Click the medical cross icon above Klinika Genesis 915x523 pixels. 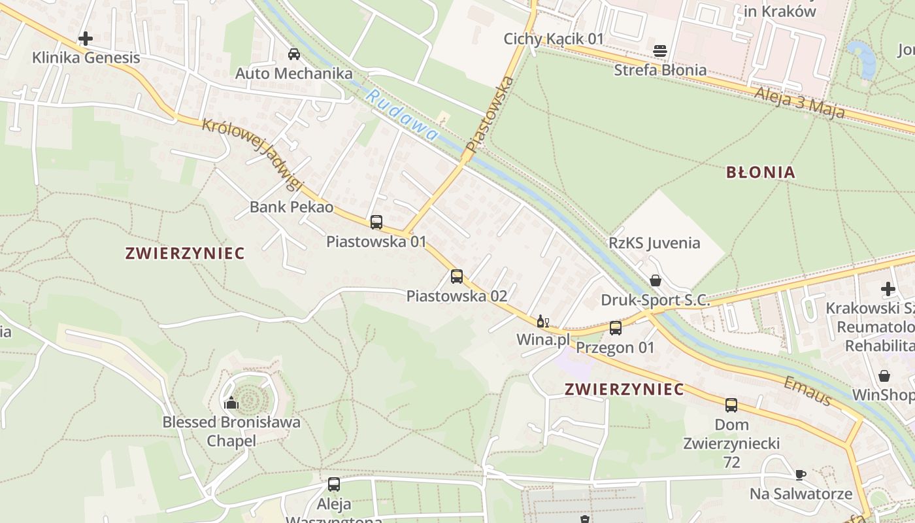pos(85,39)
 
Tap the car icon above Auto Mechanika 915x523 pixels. pos(294,54)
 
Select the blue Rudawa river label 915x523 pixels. pos(401,116)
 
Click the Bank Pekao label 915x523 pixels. pos(291,207)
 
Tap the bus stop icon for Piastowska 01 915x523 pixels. pos(376,222)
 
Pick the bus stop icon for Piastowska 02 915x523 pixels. pos(457,277)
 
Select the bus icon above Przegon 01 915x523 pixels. pos(615,328)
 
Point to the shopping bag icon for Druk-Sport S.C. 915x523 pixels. pos(656,281)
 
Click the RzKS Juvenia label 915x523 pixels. pos(654,243)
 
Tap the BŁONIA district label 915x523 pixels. pos(761,173)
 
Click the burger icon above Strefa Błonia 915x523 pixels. pos(660,51)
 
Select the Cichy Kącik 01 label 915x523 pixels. pos(554,39)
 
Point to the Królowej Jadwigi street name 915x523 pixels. pos(252,154)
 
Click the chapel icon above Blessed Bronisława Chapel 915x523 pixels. pos(231,403)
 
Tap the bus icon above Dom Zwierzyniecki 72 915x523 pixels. pos(731,405)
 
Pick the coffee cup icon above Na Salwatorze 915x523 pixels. pos(801,475)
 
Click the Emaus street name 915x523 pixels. pos(808,390)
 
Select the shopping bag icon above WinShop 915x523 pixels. pos(884,376)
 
